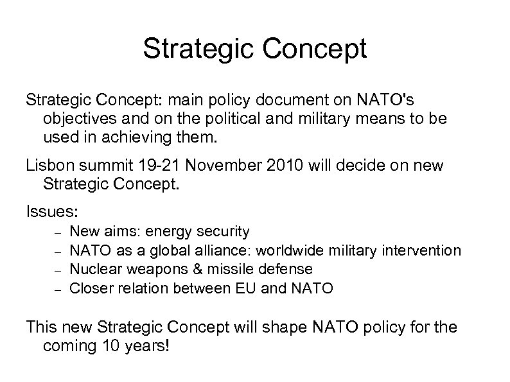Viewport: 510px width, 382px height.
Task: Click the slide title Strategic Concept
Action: pos(254,49)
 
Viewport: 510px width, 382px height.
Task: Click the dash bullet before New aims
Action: pos(57,232)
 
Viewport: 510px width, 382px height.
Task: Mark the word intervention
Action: pos(425,250)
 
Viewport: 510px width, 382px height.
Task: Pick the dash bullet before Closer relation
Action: pos(57,290)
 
